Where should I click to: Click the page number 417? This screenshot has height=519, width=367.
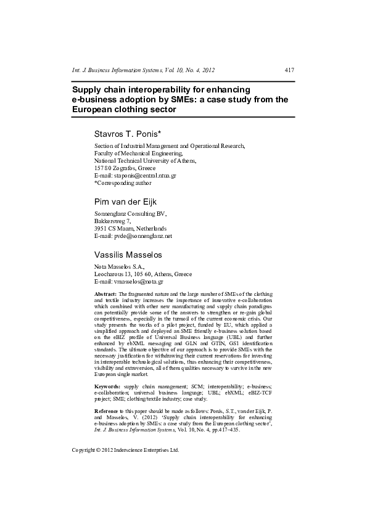(x=289, y=70)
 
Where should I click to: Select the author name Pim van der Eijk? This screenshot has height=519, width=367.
(x=130, y=202)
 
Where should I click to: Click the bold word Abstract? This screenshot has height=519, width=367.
(x=105, y=295)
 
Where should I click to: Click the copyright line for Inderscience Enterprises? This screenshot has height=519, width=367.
(x=125, y=450)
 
